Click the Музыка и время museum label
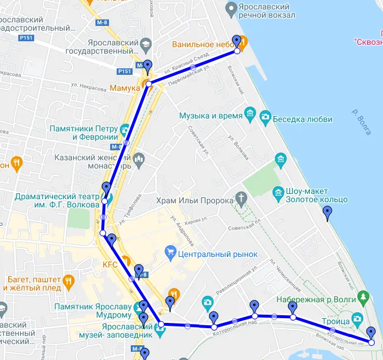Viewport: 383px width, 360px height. tap(211, 115)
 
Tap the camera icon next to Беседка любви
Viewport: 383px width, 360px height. tap(265, 117)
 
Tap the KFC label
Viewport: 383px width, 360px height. tap(110, 265)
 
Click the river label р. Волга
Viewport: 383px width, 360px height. tap(361, 121)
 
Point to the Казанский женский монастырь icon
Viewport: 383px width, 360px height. tap(139, 158)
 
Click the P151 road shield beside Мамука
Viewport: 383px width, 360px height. tap(124, 71)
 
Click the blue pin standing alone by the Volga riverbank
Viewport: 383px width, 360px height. tap(328, 213)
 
